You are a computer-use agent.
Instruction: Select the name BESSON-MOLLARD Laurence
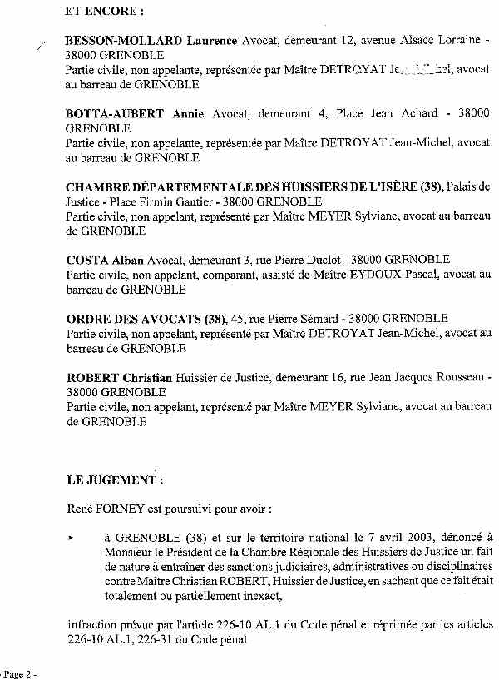151,40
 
